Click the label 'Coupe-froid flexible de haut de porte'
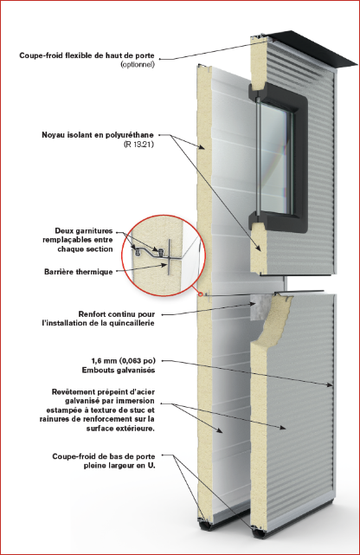(87, 55)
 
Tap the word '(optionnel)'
(138, 65)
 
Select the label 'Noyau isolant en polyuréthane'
(98, 135)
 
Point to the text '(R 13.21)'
(138, 145)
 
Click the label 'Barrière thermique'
(79, 272)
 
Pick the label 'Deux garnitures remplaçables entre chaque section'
(78, 240)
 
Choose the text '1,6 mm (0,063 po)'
(123, 361)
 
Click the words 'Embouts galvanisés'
(119, 371)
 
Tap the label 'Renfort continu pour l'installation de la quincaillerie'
(99, 319)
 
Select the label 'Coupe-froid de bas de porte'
(104, 456)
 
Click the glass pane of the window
(274, 158)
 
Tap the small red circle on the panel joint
(201, 294)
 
